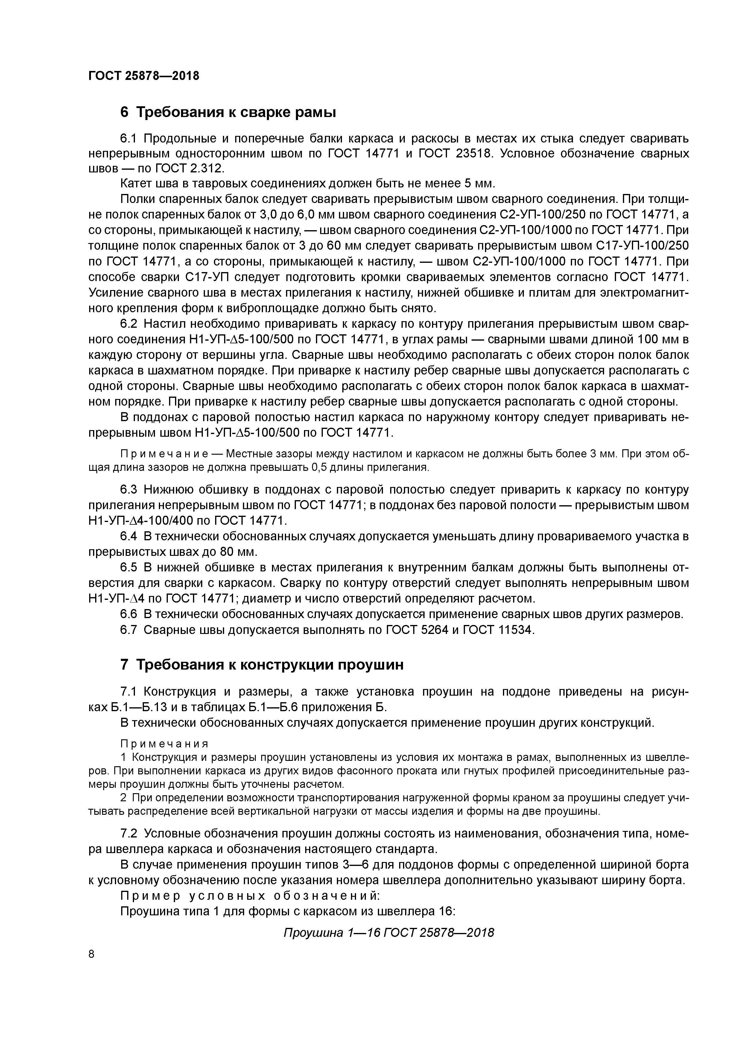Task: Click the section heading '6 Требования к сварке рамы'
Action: (228, 112)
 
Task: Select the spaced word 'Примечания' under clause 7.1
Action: (164, 744)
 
